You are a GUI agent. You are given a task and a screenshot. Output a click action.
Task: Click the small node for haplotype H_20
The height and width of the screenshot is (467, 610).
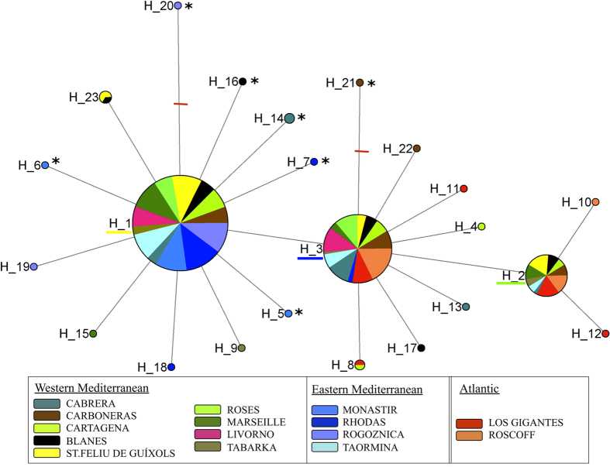178,6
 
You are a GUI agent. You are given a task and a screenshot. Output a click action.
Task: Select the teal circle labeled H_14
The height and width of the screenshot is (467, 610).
289,118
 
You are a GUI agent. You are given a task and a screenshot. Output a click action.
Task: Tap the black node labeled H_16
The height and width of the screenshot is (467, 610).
243,81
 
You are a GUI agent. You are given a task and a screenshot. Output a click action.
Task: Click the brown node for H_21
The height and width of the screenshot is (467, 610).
360,82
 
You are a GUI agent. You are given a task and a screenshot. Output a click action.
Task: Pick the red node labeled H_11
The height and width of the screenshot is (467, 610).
464,188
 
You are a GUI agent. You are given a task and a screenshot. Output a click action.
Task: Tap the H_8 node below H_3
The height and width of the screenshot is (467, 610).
360,364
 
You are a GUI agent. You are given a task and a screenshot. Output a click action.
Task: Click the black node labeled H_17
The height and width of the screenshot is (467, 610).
421,348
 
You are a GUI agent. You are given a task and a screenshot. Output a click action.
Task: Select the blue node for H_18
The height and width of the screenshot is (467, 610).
171,366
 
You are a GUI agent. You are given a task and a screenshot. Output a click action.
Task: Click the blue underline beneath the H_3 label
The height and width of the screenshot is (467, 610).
310,258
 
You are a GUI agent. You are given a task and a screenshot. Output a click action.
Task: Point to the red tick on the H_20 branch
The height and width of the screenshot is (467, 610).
181,104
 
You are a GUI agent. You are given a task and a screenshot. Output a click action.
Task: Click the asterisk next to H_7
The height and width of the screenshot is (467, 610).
326,161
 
